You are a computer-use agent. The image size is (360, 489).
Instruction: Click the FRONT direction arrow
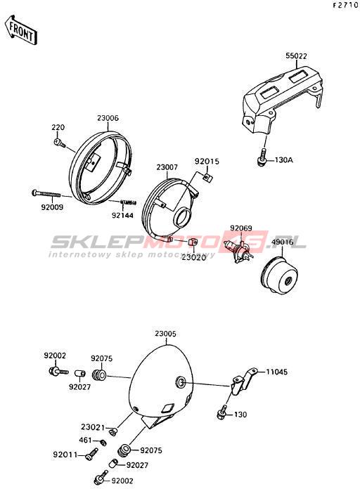pos(21,30)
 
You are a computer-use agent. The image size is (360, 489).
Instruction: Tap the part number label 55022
pos(296,56)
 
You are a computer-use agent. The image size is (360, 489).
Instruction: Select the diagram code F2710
pos(345,5)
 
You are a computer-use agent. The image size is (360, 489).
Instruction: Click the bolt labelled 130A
pos(262,157)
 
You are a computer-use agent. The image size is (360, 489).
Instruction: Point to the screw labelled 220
pos(59,143)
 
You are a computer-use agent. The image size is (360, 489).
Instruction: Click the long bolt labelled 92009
pos(46,193)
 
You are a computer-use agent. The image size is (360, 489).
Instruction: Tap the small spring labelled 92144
pos(129,203)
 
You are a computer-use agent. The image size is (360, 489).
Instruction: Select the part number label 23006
pos(108,118)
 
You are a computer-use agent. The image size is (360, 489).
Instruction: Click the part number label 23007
pos(167,167)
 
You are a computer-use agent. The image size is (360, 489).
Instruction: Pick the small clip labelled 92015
pos(208,178)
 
